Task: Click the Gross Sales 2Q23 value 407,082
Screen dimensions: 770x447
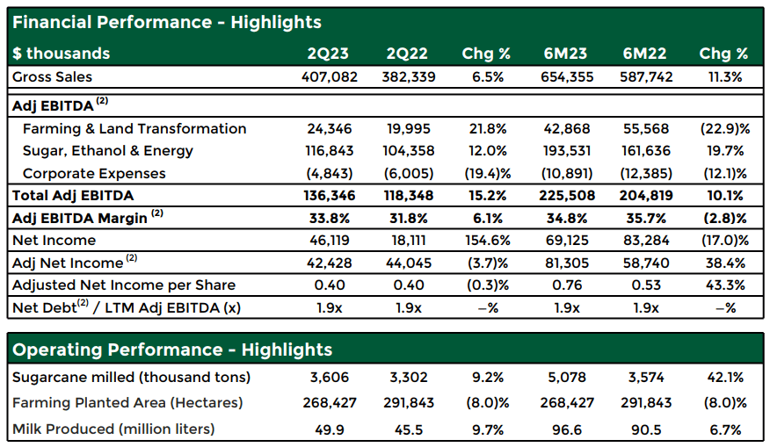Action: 330,77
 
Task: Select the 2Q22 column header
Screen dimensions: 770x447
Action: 407,54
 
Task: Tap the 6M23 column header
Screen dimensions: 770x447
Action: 565,54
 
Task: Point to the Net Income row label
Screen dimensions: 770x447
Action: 54,241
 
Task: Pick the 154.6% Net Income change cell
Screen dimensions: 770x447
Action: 488,241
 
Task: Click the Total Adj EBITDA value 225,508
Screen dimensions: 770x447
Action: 567,196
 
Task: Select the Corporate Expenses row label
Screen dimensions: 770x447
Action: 94,174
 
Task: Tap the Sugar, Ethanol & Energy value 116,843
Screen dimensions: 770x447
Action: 330,151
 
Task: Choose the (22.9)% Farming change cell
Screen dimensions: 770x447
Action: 725,128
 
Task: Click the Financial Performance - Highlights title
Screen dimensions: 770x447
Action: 167,22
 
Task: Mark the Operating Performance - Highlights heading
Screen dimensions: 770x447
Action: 172,350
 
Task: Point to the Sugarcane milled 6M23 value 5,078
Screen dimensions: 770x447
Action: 567,378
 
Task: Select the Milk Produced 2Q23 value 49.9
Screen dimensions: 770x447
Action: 330,429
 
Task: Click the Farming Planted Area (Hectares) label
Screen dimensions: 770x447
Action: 127,403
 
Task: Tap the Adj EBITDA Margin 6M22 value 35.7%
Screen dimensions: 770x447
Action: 646,218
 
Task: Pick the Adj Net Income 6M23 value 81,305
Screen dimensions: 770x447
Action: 567,263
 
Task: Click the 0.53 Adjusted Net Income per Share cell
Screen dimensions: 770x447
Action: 646,285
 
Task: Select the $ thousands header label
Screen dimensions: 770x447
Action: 61,54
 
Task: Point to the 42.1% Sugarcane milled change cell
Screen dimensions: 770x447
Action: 725,378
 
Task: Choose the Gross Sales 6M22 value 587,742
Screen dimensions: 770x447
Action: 646,77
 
